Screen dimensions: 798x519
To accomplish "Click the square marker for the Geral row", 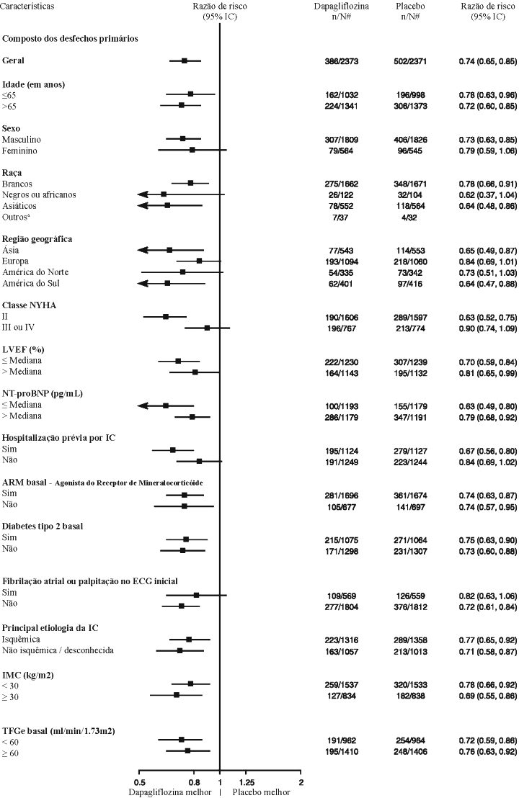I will pos(185,60).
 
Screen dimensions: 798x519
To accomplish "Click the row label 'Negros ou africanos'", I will pos(39,194).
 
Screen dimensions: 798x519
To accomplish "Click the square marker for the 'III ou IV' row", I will pos(207,328).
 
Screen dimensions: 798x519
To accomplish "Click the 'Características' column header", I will pos(28,6).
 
